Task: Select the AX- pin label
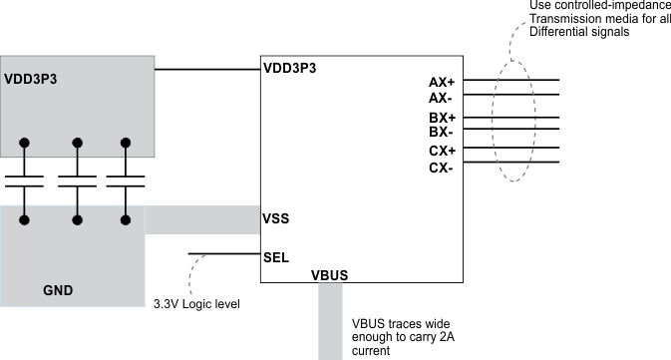point(441,99)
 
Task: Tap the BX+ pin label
point(441,118)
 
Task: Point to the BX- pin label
point(441,132)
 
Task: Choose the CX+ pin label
point(441,151)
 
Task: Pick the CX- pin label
point(441,168)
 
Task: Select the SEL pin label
point(276,256)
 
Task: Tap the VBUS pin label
point(329,274)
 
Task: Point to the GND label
point(58,290)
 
